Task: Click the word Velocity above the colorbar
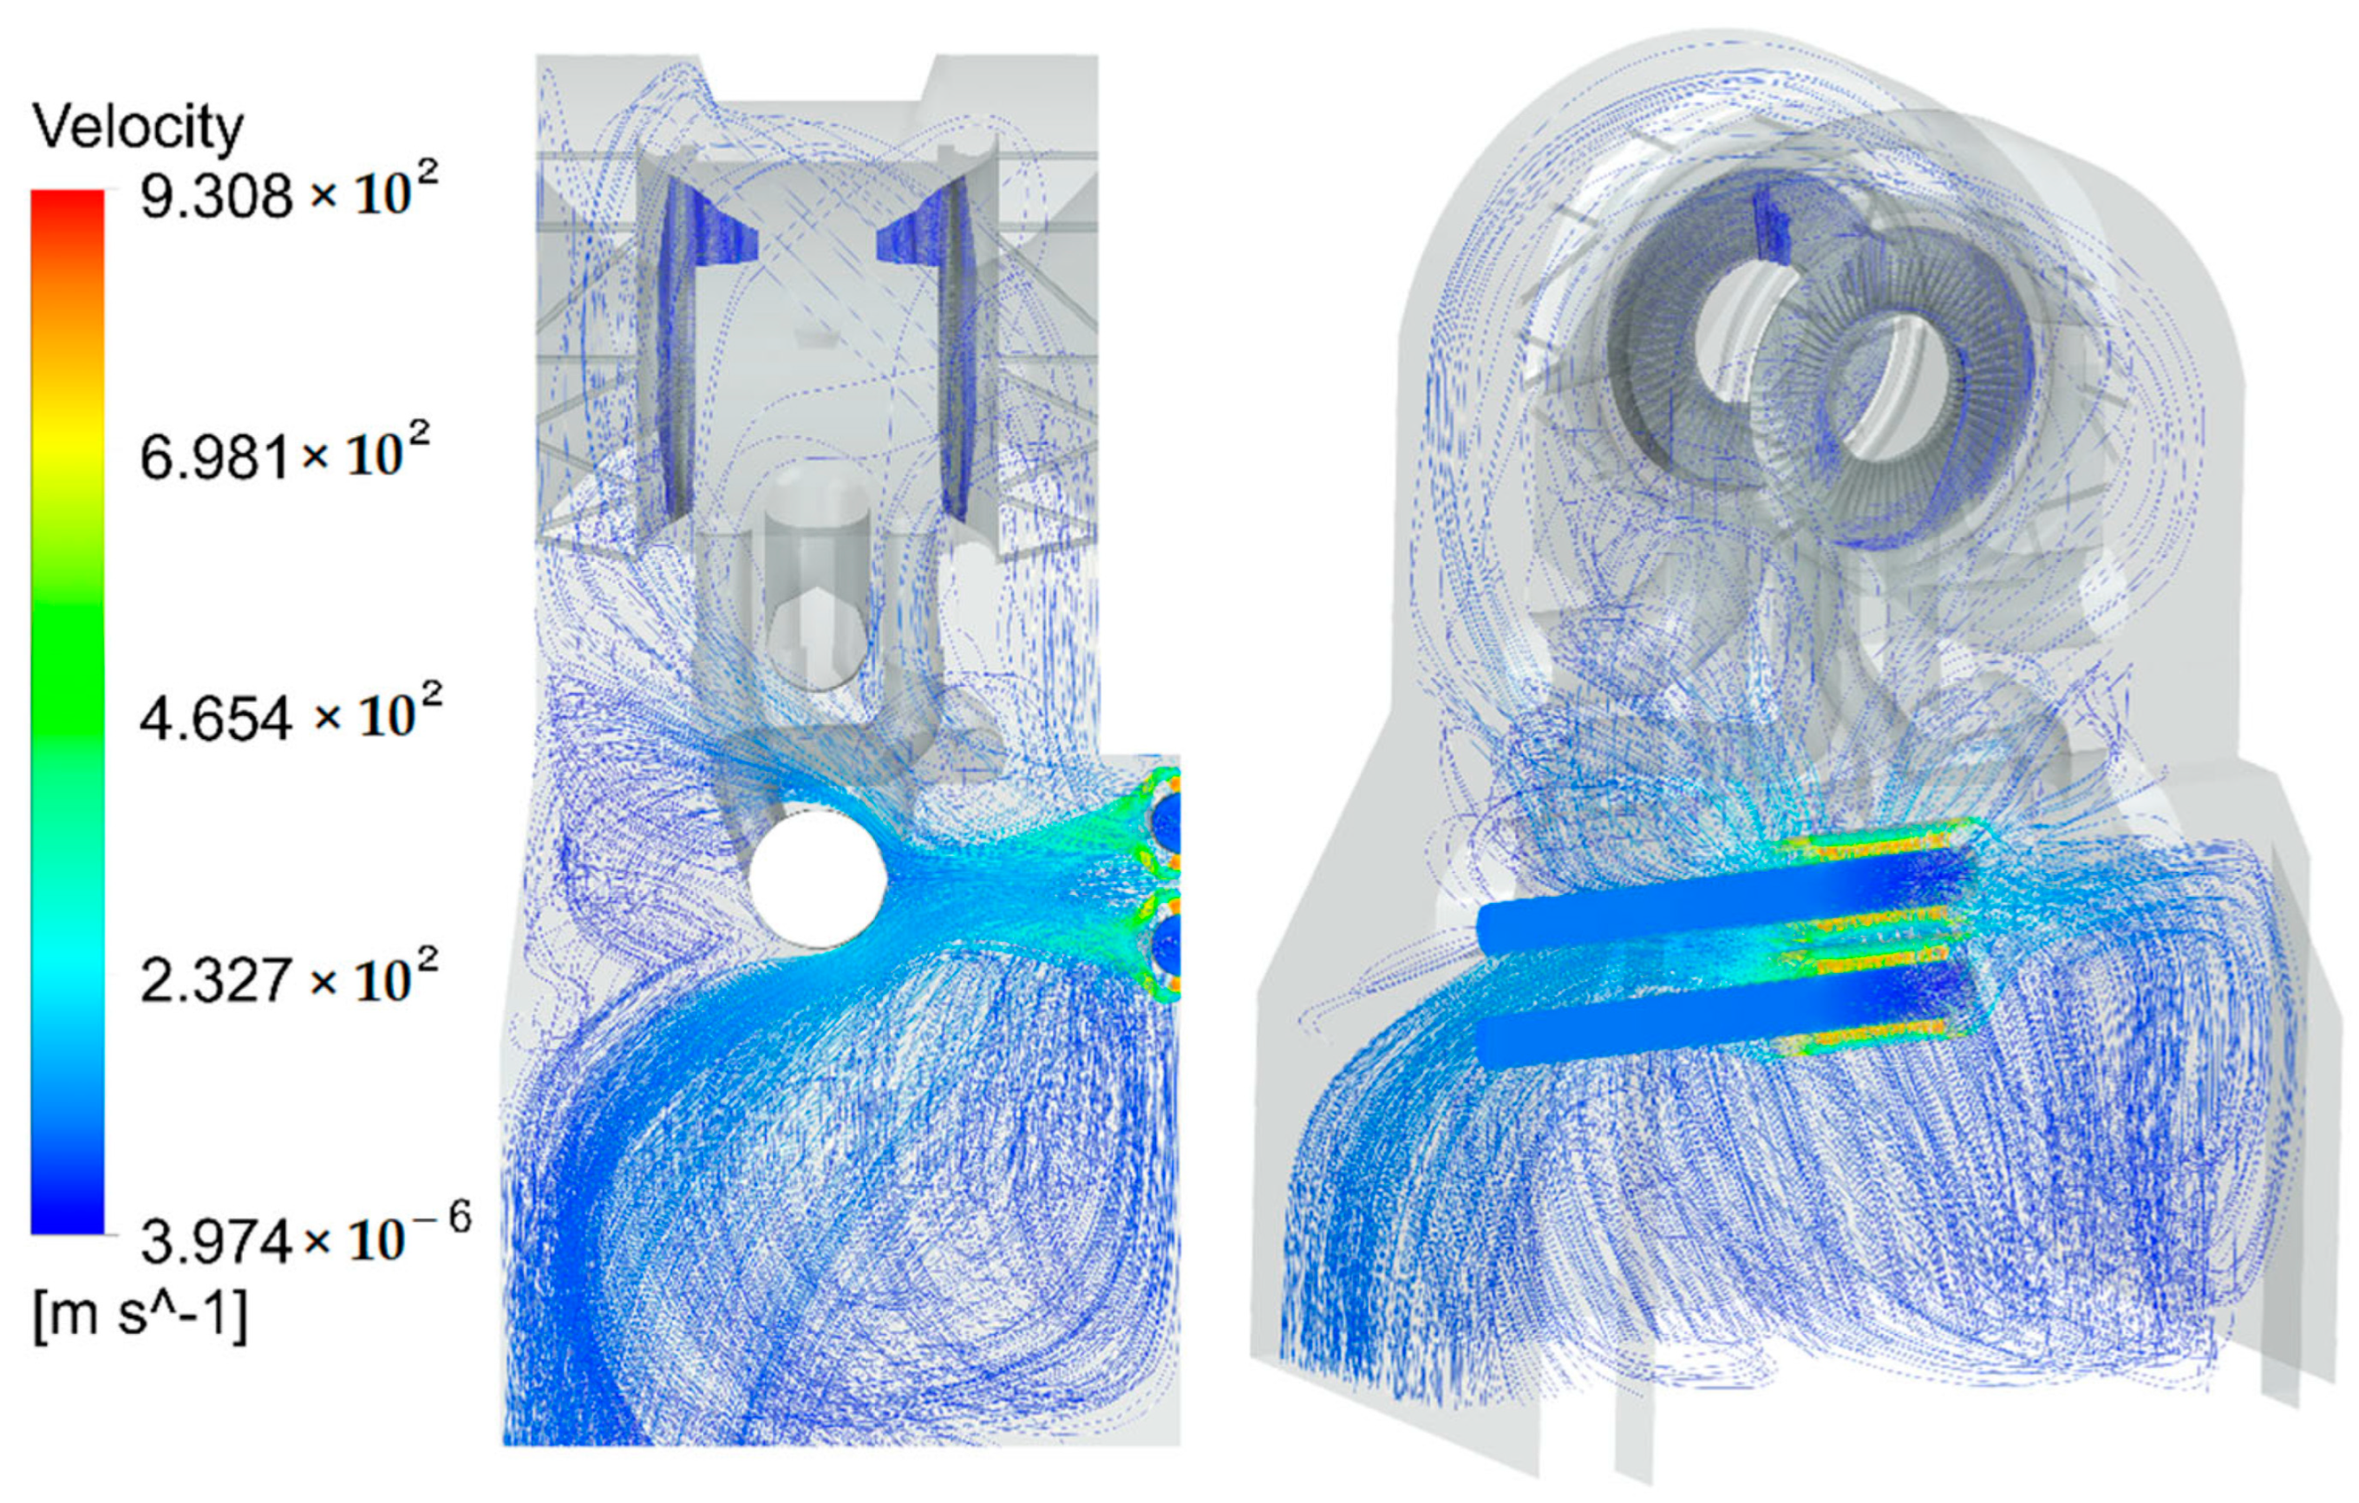pos(137,128)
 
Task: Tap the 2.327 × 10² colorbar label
pos(288,977)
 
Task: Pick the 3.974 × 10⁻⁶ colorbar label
pos(304,1239)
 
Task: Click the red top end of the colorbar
pos(67,211)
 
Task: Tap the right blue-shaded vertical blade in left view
pos(953,353)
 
